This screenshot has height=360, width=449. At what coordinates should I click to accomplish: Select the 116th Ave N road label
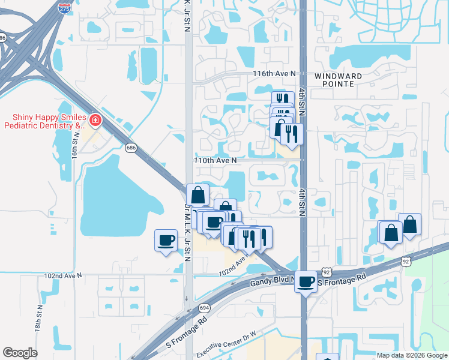pyautogui.click(x=274, y=73)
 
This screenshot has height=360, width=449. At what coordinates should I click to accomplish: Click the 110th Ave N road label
pyautogui.click(x=215, y=161)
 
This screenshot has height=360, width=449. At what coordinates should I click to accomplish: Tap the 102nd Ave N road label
pyautogui.click(x=62, y=275)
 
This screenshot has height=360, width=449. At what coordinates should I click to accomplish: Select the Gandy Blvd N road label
pyautogui.click(x=274, y=281)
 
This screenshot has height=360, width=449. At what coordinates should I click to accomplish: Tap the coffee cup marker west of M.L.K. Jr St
pyautogui.click(x=166, y=241)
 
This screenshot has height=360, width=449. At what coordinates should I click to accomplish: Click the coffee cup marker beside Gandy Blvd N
pyautogui.click(x=306, y=281)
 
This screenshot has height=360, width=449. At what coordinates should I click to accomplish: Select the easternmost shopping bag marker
pyautogui.click(x=409, y=225)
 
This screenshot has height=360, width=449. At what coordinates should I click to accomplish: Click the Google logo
pyautogui.click(x=20, y=353)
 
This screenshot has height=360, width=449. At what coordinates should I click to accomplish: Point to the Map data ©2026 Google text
pyautogui.click(x=412, y=355)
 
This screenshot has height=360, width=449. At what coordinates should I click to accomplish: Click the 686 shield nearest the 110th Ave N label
pyautogui.click(x=130, y=147)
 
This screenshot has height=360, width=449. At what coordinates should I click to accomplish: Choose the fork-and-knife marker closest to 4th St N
pyautogui.click(x=292, y=134)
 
